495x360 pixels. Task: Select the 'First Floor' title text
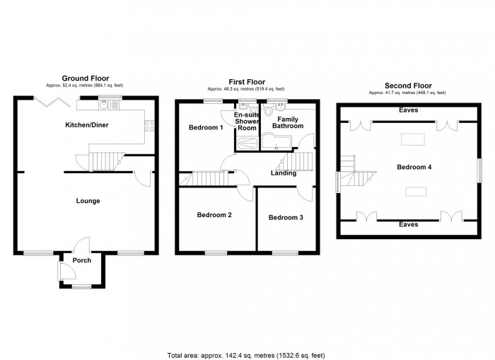click(x=246, y=82)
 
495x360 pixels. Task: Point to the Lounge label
click(x=88, y=201)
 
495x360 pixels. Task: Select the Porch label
click(x=82, y=260)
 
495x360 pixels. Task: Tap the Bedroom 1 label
click(x=206, y=128)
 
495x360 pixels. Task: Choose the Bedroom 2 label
click(x=215, y=215)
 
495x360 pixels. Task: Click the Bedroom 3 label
click(x=286, y=217)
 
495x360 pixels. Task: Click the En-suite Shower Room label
click(x=247, y=121)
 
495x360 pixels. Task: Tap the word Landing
click(x=282, y=173)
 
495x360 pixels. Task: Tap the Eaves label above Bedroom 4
click(x=407, y=110)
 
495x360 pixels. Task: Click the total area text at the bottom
click(x=246, y=354)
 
